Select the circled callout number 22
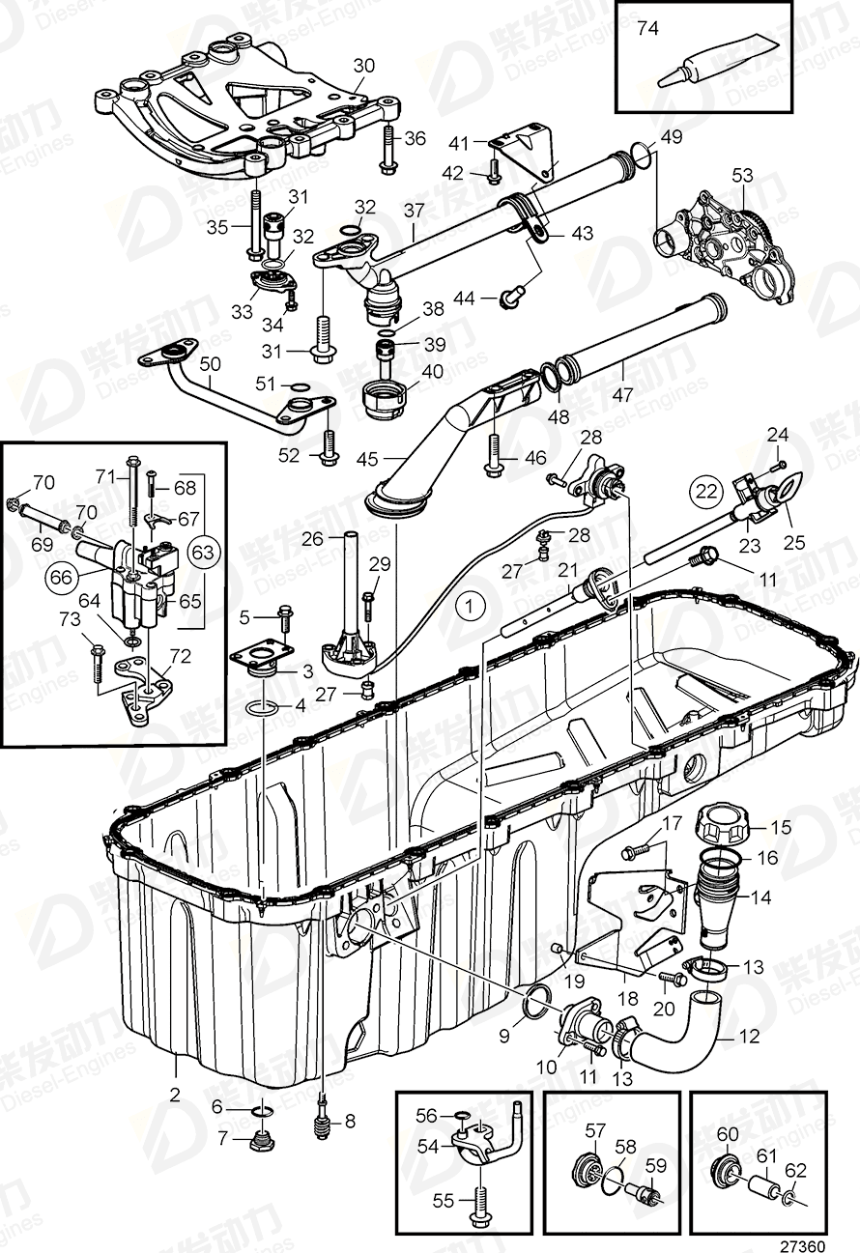(x=704, y=491)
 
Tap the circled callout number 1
(x=469, y=607)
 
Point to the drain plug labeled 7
(x=258, y=1144)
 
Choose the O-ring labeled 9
(x=534, y=1005)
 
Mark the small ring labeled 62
(x=789, y=1199)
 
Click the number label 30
(x=363, y=66)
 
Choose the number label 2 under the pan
(x=175, y=1094)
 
